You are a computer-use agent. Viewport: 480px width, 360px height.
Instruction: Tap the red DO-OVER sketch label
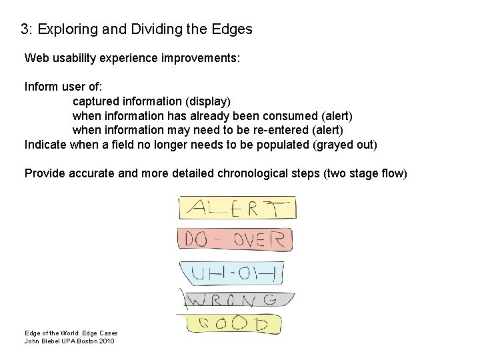235,239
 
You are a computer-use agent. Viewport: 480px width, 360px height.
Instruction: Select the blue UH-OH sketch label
232,271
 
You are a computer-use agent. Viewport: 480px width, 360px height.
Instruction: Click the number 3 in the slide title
24,29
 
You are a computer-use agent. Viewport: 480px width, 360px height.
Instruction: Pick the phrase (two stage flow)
364,173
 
